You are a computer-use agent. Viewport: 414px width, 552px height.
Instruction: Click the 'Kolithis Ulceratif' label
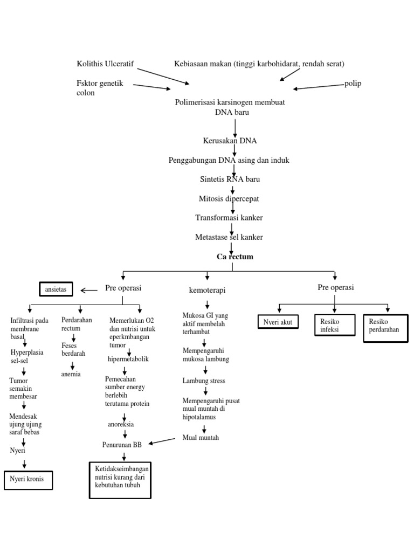[x=106, y=65]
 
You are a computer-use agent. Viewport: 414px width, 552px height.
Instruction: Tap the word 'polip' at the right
[x=353, y=84]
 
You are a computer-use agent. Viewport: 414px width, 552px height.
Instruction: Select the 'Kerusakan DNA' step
[x=230, y=141]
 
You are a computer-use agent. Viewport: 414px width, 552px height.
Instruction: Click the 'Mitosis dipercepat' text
[x=229, y=199]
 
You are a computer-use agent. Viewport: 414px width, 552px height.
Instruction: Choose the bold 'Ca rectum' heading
[x=235, y=257]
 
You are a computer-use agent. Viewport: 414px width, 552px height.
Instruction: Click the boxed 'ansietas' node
[x=56, y=289]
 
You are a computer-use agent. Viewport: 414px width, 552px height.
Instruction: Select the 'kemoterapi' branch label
[x=207, y=291]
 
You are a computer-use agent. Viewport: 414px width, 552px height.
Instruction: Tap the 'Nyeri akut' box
[x=278, y=323]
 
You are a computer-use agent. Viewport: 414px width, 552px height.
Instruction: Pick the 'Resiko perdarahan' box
[x=385, y=327]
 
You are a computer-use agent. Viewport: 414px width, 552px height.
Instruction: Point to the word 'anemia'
[x=71, y=374]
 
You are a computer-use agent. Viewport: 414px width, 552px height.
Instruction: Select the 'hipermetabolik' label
[x=128, y=359]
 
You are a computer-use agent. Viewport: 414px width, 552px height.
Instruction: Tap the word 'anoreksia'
[x=121, y=425]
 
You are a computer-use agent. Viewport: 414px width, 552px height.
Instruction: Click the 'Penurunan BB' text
[x=122, y=445]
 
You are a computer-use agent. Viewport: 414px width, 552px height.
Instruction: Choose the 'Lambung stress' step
[x=204, y=381]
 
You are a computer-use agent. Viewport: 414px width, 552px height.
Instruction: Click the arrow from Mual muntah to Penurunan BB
[x=162, y=441]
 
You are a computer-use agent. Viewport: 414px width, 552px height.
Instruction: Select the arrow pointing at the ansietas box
[x=89, y=291]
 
